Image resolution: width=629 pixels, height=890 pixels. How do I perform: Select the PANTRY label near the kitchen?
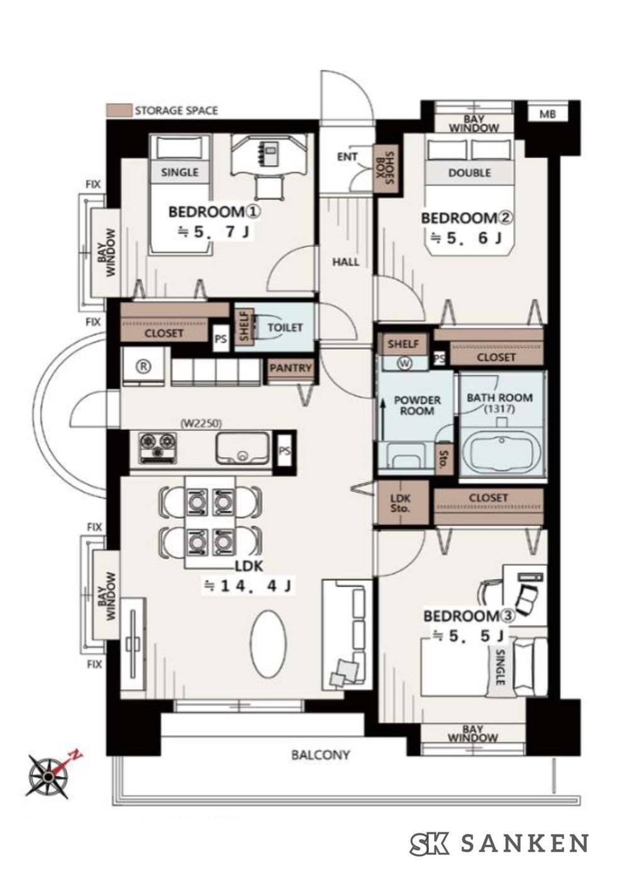(x=291, y=368)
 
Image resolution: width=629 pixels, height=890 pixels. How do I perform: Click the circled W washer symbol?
(x=404, y=363)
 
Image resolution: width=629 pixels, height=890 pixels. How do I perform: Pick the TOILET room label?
(x=285, y=327)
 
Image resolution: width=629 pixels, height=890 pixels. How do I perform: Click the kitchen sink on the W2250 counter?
(x=242, y=448)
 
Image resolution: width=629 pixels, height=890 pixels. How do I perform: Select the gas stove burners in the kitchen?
(x=157, y=448)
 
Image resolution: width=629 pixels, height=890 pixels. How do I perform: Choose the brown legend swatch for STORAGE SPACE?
(x=118, y=110)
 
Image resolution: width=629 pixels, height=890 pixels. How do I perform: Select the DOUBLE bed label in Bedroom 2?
(x=469, y=173)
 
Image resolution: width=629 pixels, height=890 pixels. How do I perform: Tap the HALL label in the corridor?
(x=345, y=262)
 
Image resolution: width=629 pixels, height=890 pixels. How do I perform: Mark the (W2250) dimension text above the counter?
(x=201, y=424)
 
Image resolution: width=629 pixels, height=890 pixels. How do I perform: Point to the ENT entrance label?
(x=347, y=157)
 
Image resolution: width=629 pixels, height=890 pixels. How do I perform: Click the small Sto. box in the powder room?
(x=444, y=458)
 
